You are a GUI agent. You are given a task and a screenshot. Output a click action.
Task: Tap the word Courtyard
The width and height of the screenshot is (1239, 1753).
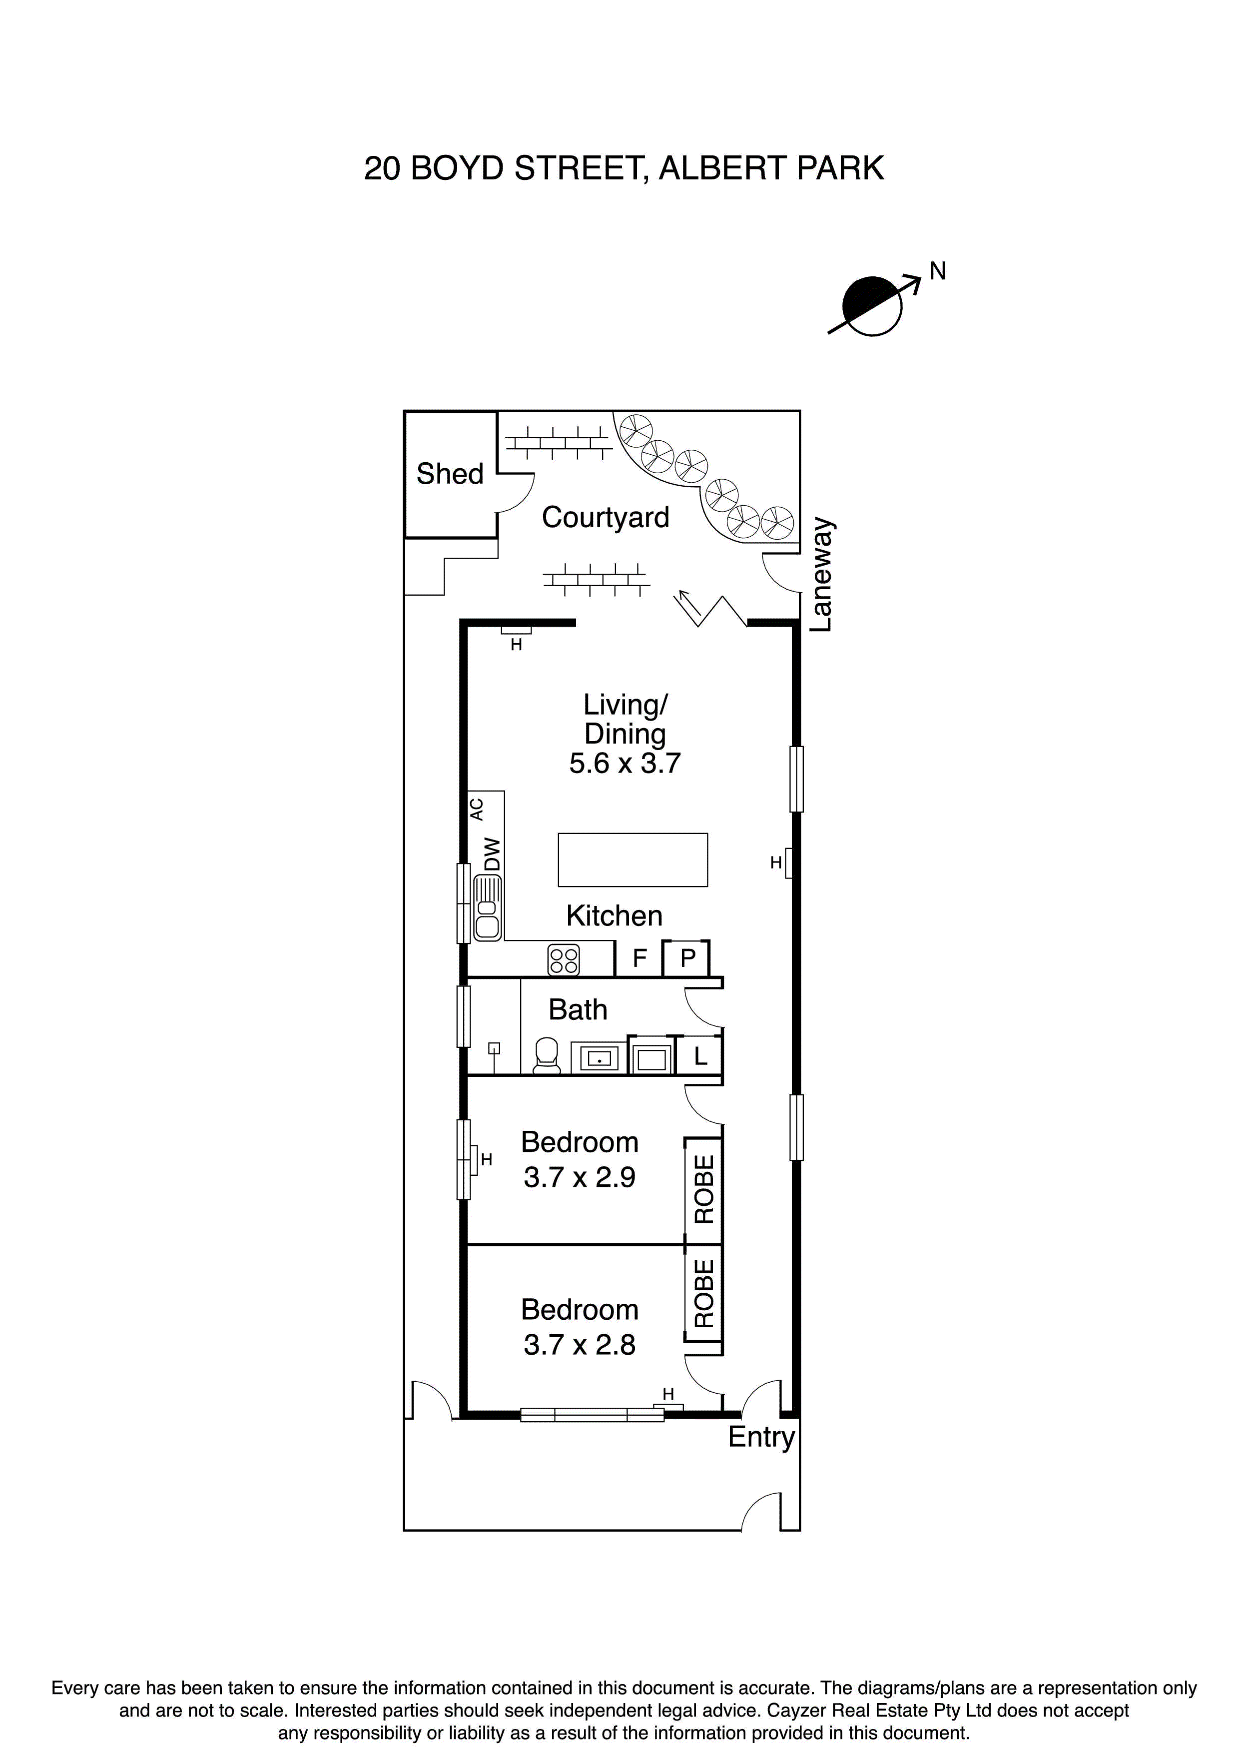pyautogui.click(x=606, y=518)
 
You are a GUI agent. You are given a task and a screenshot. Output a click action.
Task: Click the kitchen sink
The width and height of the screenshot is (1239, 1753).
pyautogui.click(x=488, y=908)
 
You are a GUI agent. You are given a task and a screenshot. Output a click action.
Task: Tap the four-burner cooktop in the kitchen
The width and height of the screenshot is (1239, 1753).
pyautogui.click(x=564, y=960)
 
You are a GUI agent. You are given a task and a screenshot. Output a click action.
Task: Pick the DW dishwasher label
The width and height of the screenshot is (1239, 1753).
pyautogui.click(x=493, y=855)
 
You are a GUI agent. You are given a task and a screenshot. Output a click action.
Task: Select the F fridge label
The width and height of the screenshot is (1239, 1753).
pyautogui.click(x=639, y=957)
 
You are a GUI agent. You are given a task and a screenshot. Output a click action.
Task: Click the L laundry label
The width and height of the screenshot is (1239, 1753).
pyautogui.click(x=700, y=1057)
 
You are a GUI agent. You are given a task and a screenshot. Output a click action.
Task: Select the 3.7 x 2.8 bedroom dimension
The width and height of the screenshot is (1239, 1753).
pyautogui.click(x=580, y=1345)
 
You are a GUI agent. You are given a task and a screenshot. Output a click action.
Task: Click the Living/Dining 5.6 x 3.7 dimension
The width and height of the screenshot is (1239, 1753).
pyautogui.click(x=624, y=764)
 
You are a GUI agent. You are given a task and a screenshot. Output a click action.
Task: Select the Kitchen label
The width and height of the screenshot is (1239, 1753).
pyautogui.click(x=614, y=916)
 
